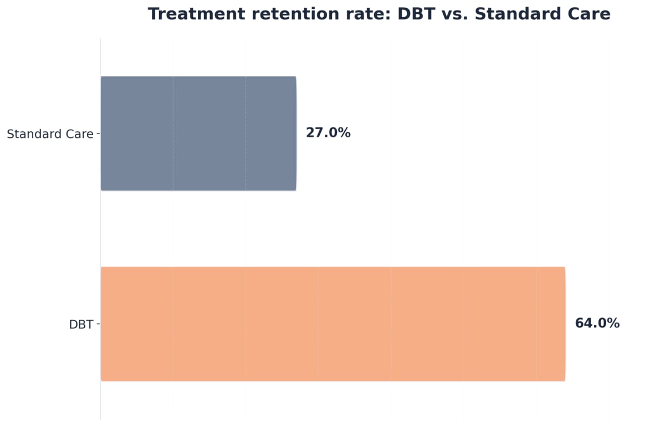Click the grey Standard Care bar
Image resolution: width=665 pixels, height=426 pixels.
pyautogui.click(x=198, y=134)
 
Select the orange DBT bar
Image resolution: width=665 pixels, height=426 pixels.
pyautogui.click(x=332, y=324)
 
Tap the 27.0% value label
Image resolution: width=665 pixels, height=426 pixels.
pyautogui.click(x=328, y=133)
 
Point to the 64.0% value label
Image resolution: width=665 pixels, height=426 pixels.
pyautogui.click(x=597, y=324)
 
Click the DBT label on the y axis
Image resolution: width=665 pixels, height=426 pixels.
pyautogui.click(x=81, y=325)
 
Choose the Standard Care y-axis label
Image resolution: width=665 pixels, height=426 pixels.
pyautogui.click(x=50, y=134)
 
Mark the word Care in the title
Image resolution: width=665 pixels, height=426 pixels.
pyautogui.click(x=589, y=14)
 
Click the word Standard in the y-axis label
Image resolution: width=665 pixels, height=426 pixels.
pyautogui.click(x=31, y=134)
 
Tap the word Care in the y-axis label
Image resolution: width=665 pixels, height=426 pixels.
pyautogui.click(x=76, y=134)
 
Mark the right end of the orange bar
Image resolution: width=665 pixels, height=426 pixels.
pyautogui.click(x=564, y=324)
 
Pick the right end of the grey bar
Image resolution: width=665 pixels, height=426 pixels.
pyautogui.click(x=295, y=134)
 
